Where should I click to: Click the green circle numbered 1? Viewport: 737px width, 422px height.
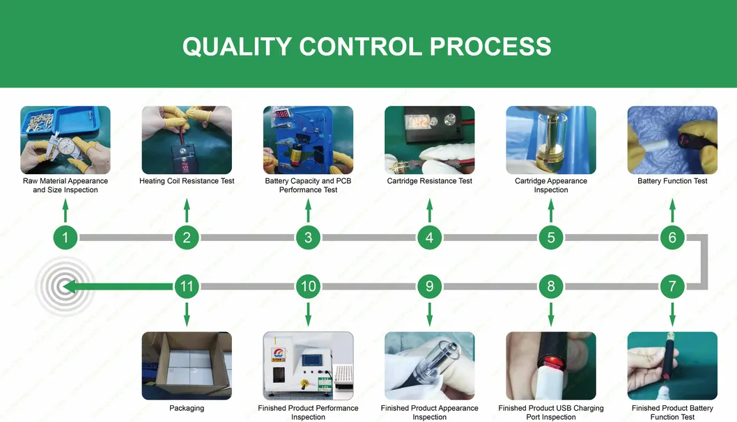(x=65, y=237)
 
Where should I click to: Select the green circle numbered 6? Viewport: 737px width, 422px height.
(x=672, y=237)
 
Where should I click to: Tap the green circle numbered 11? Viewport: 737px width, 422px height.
(x=187, y=286)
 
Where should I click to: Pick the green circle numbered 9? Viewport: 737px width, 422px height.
(x=429, y=286)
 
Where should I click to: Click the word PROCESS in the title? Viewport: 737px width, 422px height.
(x=490, y=47)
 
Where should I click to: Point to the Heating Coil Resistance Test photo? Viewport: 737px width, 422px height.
(x=187, y=140)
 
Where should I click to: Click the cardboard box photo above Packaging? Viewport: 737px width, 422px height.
(x=187, y=366)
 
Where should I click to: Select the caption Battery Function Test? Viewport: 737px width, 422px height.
(x=672, y=181)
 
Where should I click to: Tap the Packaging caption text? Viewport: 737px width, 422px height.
(x=187, y=408)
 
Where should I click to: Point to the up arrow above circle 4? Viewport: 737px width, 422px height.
(x=429, y=210)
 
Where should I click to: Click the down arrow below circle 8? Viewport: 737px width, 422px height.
(x=551, y=313)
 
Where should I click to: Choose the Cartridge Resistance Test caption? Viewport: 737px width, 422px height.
(x=429, y=181)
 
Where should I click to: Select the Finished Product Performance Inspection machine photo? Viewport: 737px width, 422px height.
(x=308, y=366)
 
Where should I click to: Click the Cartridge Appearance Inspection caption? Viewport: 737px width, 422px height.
(x=551, y=185)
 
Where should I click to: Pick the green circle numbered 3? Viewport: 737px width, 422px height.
(x=308, y=237)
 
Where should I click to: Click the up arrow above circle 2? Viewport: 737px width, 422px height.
(x=187, y=210)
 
